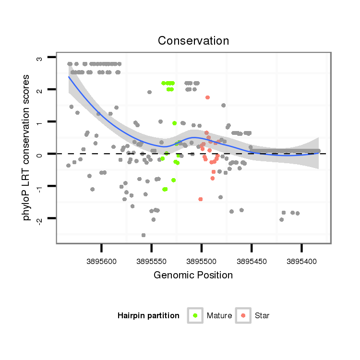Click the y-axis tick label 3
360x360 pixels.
click(40, 58)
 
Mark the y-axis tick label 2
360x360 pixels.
click(40, 90)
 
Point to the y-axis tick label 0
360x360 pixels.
click(40, 154)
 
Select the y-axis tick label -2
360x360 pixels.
click(40, 219)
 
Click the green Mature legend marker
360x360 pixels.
click(195, 315)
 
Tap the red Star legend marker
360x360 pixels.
click(243, 315)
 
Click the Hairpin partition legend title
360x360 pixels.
click(148, 316)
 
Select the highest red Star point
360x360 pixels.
click(207, 97)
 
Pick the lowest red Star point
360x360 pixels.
click(200, 199)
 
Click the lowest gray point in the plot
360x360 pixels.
click(144, 235)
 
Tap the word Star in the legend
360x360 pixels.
click(262, 316)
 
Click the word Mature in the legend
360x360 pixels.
click(219, 316)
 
